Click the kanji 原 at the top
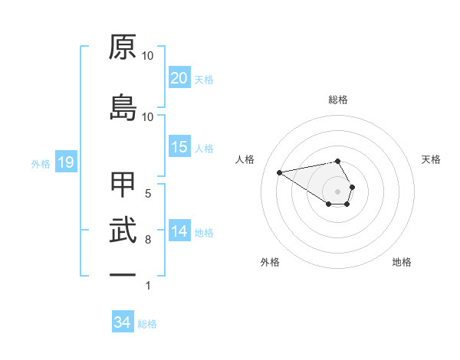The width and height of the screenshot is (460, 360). [123, 48]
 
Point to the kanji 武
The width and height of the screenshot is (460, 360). [123, 231]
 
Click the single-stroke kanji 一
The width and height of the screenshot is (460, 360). [123, 274]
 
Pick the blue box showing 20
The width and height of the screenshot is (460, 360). [179, 78]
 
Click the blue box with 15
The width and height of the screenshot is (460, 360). [179, 147]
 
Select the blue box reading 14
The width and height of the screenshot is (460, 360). [179, 231]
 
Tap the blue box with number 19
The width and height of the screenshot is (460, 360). [65, 162]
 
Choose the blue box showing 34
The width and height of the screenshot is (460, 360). [123, 322]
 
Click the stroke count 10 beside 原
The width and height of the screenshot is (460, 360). [148, 57]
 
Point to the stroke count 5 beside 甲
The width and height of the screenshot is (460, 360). [148, 194]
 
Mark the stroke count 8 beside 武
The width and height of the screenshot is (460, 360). [148, 241]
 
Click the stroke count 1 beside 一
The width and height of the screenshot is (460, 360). [148, 286]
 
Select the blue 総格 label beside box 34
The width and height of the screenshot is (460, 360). [147, 324]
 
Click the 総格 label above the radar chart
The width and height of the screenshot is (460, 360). [338, 100]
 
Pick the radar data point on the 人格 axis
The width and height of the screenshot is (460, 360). [279, 172]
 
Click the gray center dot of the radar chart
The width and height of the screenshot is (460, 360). [338, 191]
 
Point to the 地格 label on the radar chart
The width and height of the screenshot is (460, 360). [402, 262]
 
